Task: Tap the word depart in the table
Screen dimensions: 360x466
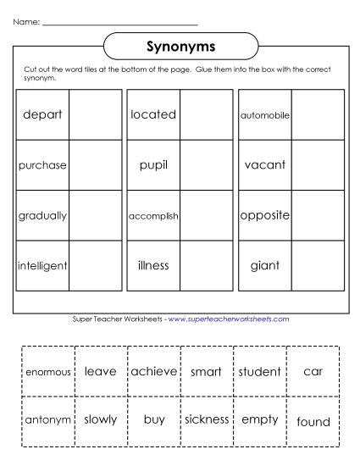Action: (x=42, y=114)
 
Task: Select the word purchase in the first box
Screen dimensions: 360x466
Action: (x=42, y=164)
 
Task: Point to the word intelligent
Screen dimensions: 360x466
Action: (x=42, y=266)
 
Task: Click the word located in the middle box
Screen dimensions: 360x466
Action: (x=153, y=114)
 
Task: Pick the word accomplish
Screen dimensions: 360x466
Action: (x=153, y=215)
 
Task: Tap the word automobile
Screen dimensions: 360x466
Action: (x=265, y=114)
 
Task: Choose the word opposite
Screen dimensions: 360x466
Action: (x=265, y=215)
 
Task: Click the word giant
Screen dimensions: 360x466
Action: (x=265, y=266)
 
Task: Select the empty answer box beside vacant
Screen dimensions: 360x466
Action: (x=318, y=164)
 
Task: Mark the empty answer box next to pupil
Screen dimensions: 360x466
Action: (x=206, y=164)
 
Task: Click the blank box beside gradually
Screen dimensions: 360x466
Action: (x=95, y=215)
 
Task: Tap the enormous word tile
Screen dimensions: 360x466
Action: (x=48, y=372)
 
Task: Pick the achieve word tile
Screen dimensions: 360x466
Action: (x=153, y=371)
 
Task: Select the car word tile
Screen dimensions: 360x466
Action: (x=313, y=371)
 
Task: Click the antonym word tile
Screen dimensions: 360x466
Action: (x=48, y=420)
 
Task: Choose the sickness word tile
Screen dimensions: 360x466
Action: (x=207, y=419)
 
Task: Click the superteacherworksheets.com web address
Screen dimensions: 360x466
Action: (x=229, y=319)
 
